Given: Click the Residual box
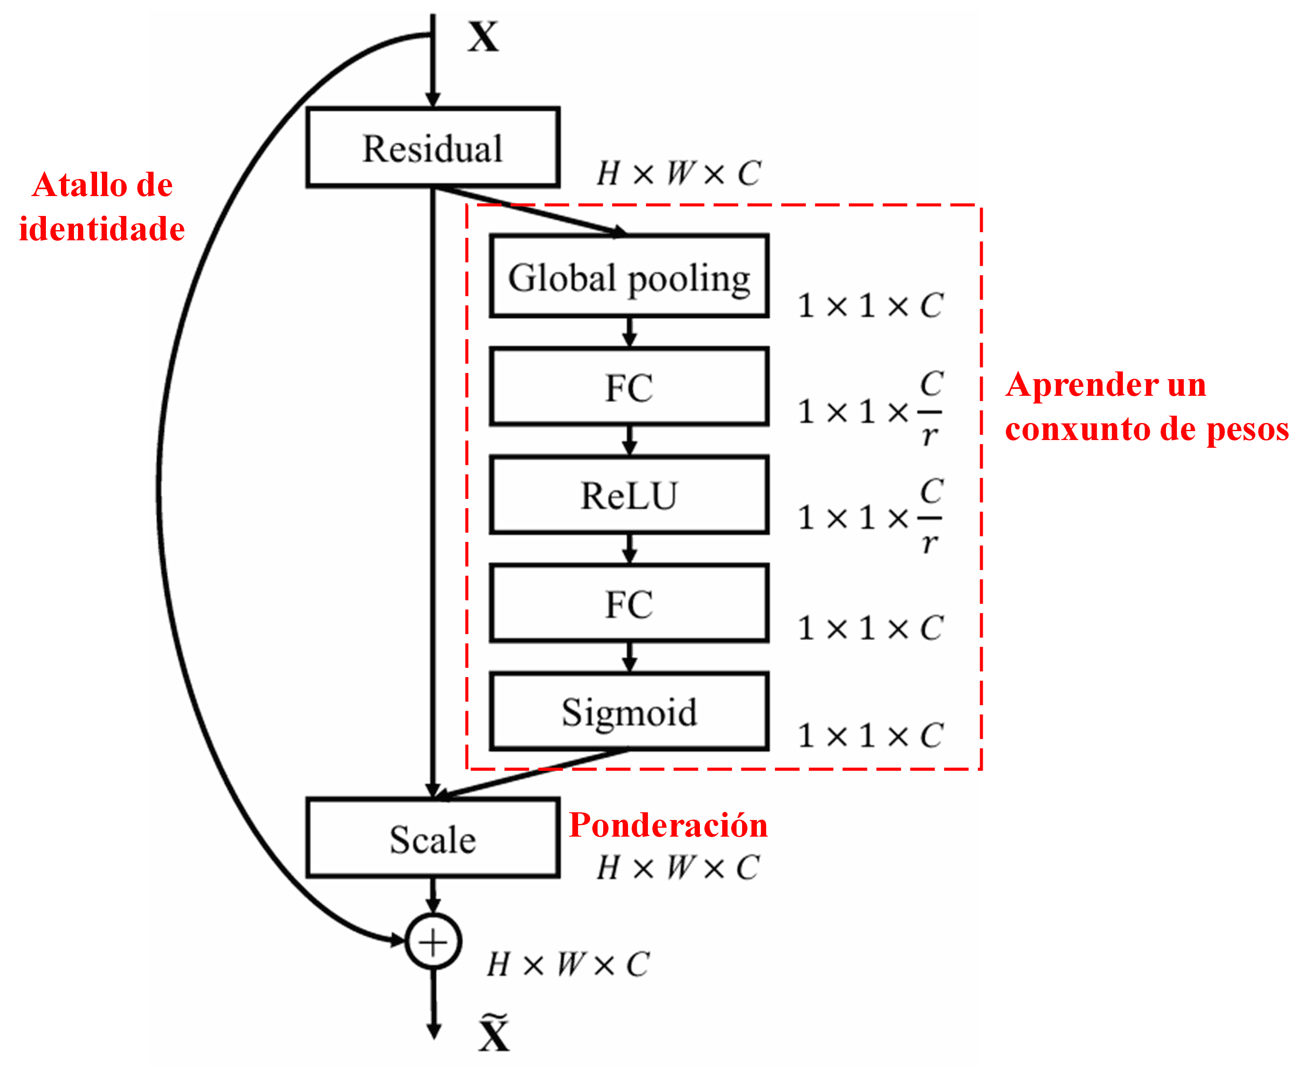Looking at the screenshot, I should pos(433,147).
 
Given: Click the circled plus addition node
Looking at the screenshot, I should pos(433,942).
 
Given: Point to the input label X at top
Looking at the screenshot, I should pos(483,37).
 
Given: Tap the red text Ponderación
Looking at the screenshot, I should pos(668,825).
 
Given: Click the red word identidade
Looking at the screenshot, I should pos(102,229).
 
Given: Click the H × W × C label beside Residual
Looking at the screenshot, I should pos(679,173).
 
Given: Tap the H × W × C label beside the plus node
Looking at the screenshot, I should pos(568,964).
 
